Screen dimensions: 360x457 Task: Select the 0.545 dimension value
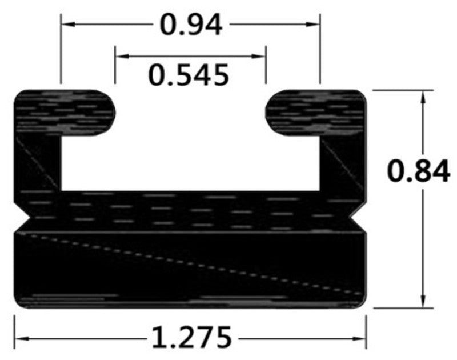point(189,74)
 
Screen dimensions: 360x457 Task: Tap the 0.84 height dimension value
point(418,171)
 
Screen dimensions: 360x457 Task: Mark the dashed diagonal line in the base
point(189,263)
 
